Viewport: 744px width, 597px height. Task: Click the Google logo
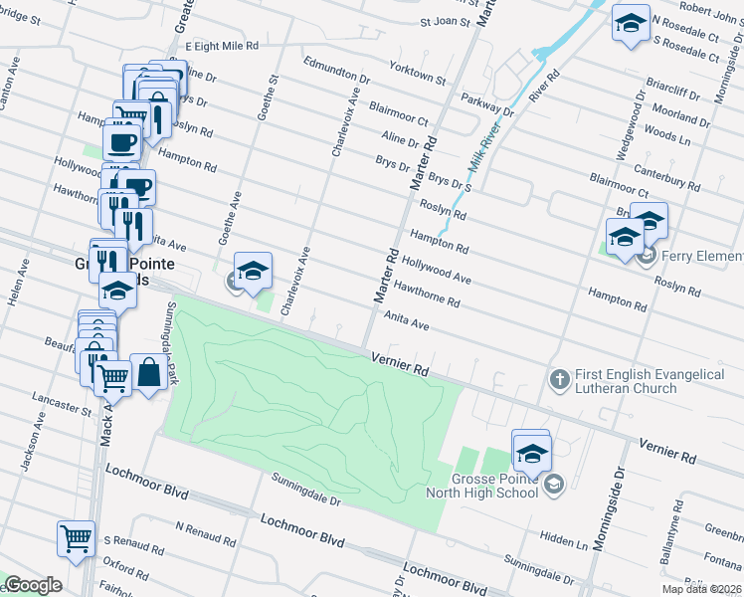32,585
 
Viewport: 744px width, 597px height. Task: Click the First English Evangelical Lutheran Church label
648,381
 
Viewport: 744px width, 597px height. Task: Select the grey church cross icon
559,379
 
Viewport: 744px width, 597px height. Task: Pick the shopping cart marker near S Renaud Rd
76,538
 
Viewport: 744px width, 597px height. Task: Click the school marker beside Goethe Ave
253,271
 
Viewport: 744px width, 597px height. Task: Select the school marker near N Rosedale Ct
630,27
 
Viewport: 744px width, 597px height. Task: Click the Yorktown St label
419,74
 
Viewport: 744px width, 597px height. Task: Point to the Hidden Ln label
563,539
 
